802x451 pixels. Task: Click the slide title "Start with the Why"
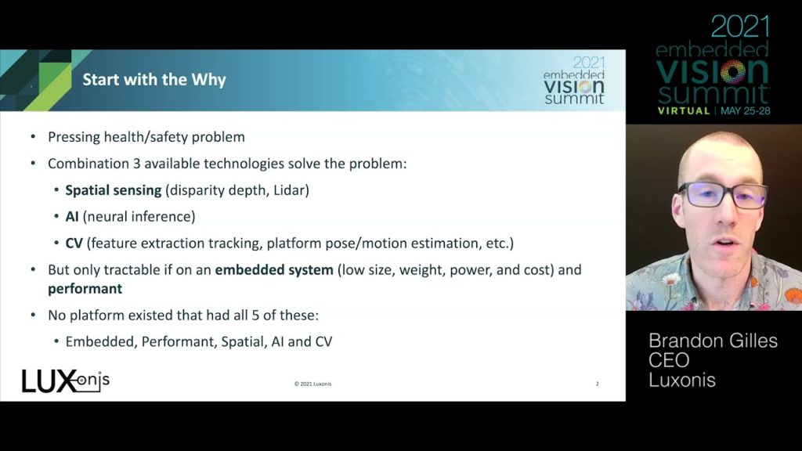click(x=154, y=80)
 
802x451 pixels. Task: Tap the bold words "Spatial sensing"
click(x=113, y=190)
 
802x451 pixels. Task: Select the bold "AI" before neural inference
click(x=71, y=216)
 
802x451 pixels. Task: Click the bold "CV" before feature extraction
click(x=74, y=243)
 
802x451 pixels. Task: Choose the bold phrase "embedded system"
click(x=273, y=269)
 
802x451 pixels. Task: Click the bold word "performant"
click(x=85, y=289)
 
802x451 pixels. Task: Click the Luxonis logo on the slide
click(x=66, y=381)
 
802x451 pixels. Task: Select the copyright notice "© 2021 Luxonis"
click(x=312, y=384)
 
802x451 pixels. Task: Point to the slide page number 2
click(x=597, y=384)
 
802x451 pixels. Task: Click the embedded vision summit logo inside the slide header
click(x=574, y=80)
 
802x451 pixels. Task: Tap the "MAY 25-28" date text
click(x=746, y=111)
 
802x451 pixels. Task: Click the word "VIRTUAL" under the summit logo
click(x=684, y=111)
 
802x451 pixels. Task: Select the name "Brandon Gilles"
click(x=713, y=341)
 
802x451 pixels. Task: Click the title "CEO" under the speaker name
click(x=669, y=360)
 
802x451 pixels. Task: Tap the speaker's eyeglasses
click(x=723, y=195)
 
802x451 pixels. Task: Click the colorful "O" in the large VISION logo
click(x=733, y=72)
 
